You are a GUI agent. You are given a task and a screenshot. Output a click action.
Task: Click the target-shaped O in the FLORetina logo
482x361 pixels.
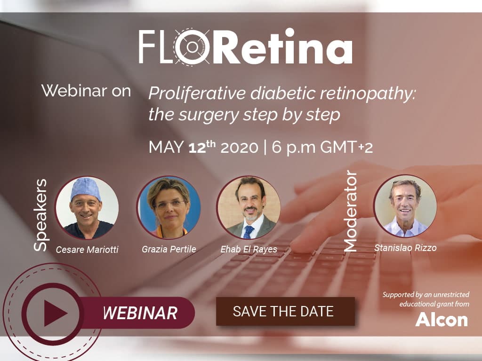[x=192, y=47]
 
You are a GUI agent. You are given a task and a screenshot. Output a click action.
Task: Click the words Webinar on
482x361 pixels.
[x=86, y=91]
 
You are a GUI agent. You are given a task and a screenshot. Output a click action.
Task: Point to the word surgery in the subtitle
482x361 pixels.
[x=209, y=116]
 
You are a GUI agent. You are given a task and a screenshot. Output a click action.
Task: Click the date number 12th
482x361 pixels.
[x=202, y=147]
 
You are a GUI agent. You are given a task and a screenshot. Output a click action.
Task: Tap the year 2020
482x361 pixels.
[x=240, y=147]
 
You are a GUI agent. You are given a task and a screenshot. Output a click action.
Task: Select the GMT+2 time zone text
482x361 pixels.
[x=346, y=147]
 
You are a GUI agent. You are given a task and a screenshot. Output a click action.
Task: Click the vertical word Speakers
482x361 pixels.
[x=40, y=215]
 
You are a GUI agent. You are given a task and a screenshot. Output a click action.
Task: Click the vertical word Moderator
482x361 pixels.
[x=350, y=211]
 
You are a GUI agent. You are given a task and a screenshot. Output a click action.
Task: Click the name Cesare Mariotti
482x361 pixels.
[x=87, y=250]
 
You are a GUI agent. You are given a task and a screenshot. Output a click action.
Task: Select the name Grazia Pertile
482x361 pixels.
[x=169, y=249]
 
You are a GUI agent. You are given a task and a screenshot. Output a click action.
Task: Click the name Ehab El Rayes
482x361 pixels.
[x=249, y=249]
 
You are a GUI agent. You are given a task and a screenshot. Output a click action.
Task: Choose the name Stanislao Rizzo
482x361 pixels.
[x=405, y=248]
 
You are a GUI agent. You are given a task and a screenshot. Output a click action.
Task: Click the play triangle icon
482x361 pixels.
[x=55, y=313]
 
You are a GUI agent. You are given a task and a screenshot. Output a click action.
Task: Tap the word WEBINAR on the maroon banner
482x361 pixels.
[x=140, y=313]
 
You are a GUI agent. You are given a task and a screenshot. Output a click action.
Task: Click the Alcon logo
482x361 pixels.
[x=442, y=319]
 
